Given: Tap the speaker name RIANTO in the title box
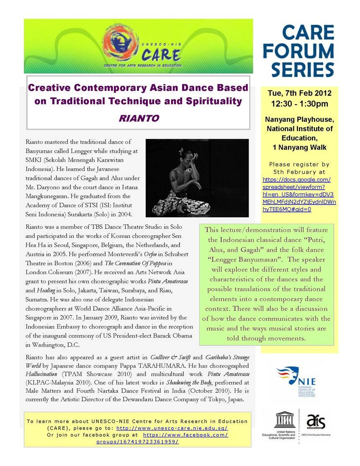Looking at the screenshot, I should pyautogui.click(x=139, y=118).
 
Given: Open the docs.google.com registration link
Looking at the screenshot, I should pyautogui.click(x=299, y=194).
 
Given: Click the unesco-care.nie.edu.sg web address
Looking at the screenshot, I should pyautogui.click(x=172, y=428).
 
